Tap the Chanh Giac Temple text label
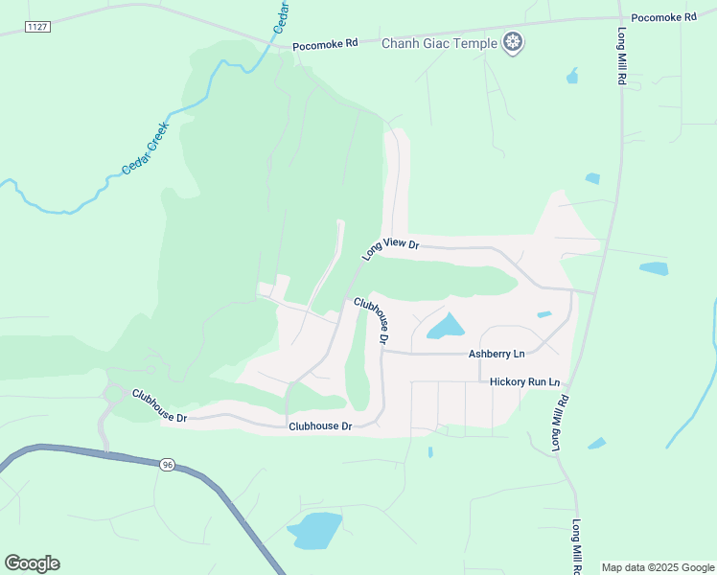pyautogui.click(x=440, y=43)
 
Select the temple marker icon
pyautogui.click(x=514, y=42)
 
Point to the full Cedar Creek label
pyautogui.click(x=145, y=148)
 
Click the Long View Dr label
pyautogui.click(x=391, y=249)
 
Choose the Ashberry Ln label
pyautogui.click(x=497, y=354)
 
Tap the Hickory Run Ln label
pyautogui.click(x=524, y=381)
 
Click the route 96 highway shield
pyautogui.click(x=168, y=465)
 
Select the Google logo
pyautogui.click(x=32, y=563)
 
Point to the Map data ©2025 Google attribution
pyautogui.click(x=658, y=567)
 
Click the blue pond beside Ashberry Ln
pyautogui.click(x=445, y=327)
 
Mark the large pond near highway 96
pyautogui.click(x=313, y=530)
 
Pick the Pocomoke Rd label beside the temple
pyautogui.click(x=325, y=45)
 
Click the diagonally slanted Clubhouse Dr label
pyautogui.click(x=372, y=320)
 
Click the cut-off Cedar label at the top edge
pyautogui.click(x=282, y=16)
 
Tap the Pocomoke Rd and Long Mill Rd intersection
pyautogui.click(x=615, y=17)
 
